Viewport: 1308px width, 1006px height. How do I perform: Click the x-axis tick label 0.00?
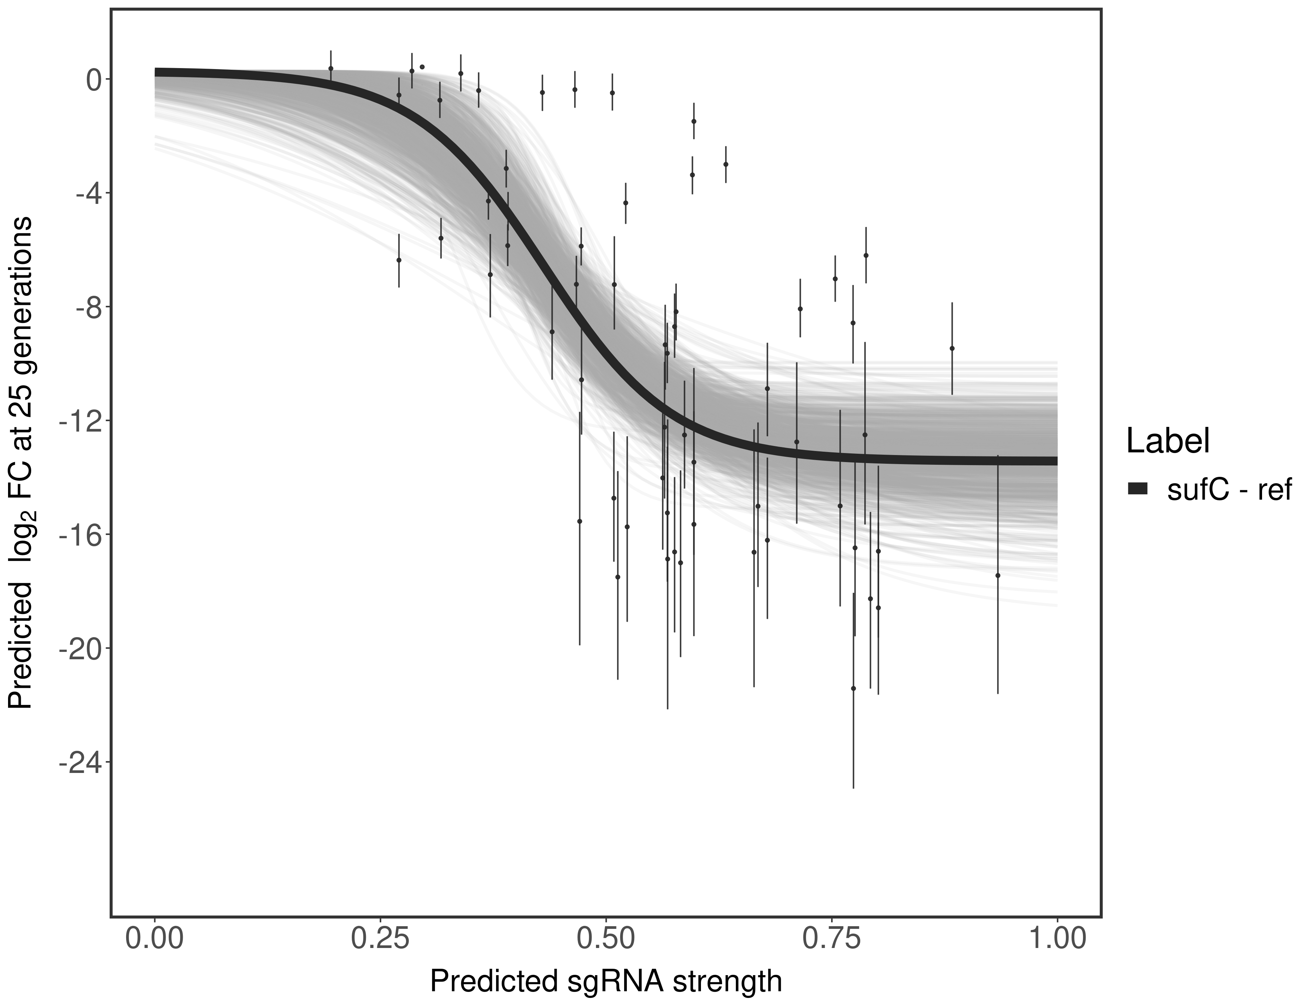pyautogui.click(x=155, y=938)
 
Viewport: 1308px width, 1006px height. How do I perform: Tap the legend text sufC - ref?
pyautogui.click(x=1228, y=489)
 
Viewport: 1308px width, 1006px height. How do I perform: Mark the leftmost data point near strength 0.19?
pyautogui.click(x=331, y=68)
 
